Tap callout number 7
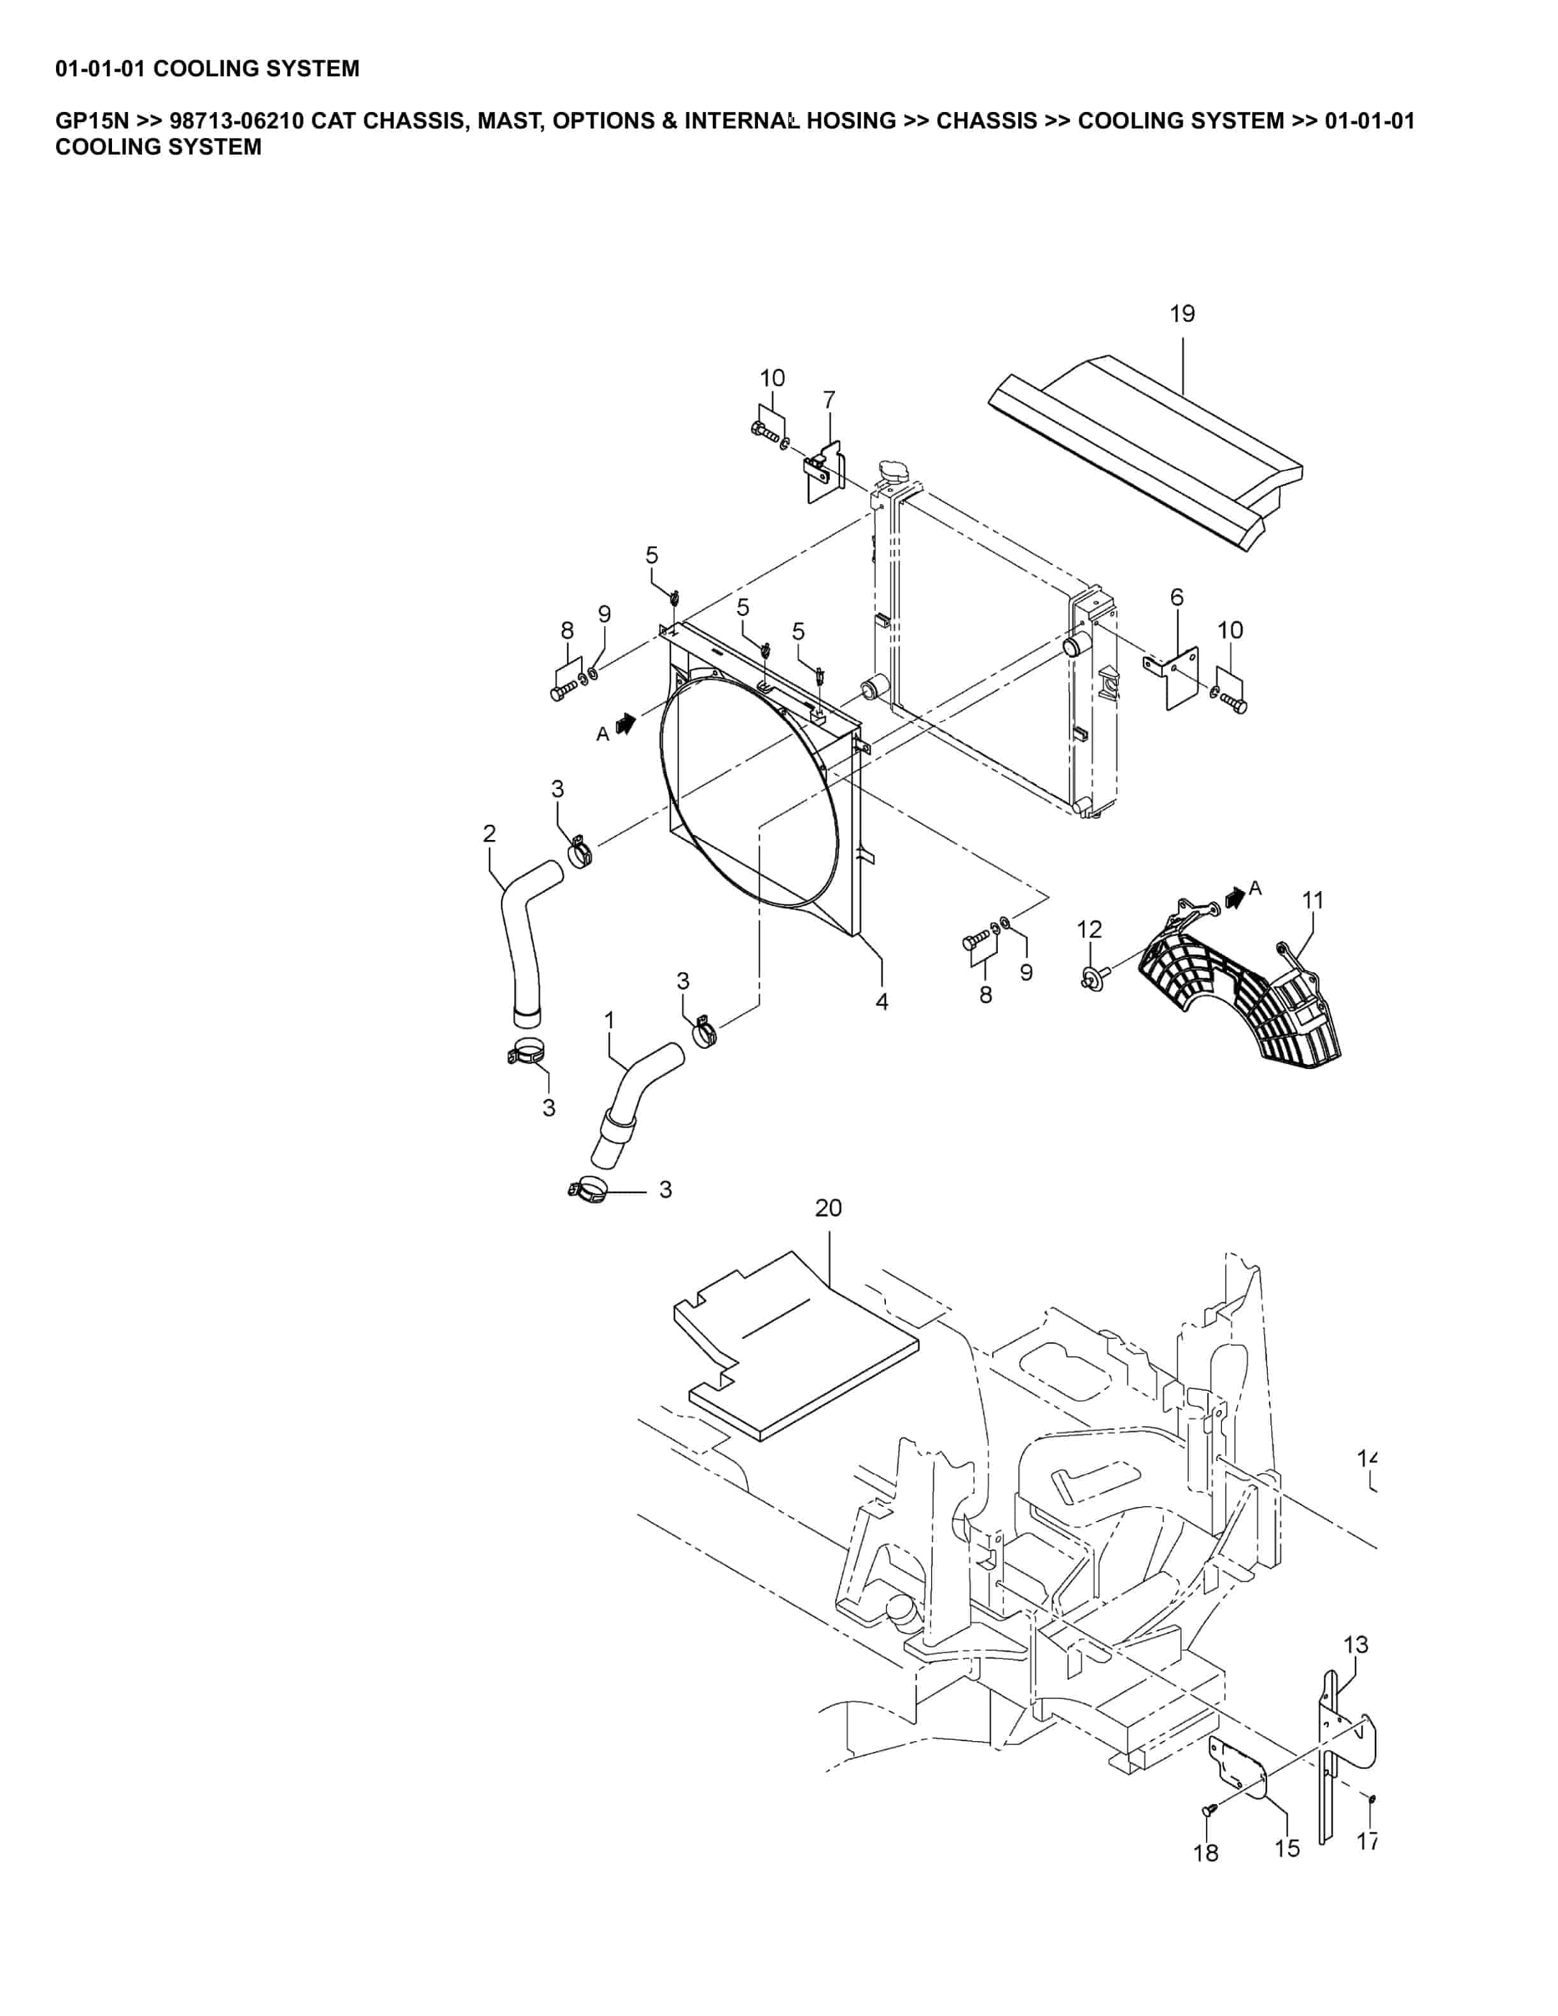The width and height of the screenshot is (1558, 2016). (829, 400)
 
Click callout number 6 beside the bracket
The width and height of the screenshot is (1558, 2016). (1176, 598)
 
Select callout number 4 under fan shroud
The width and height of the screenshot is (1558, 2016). (881, 1002)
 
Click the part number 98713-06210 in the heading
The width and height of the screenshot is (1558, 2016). (236, 121)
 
